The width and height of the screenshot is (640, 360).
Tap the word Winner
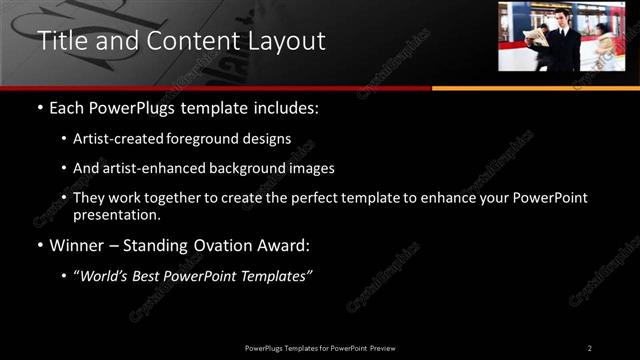coord(76,245)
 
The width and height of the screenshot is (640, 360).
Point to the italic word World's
coord(104,275)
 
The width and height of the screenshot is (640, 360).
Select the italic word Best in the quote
coord(149,275)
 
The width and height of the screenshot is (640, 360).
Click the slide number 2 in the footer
coord(589,347)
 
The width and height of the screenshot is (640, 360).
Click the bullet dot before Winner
coord(39,246)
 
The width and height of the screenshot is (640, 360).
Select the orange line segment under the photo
coord(535,88)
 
